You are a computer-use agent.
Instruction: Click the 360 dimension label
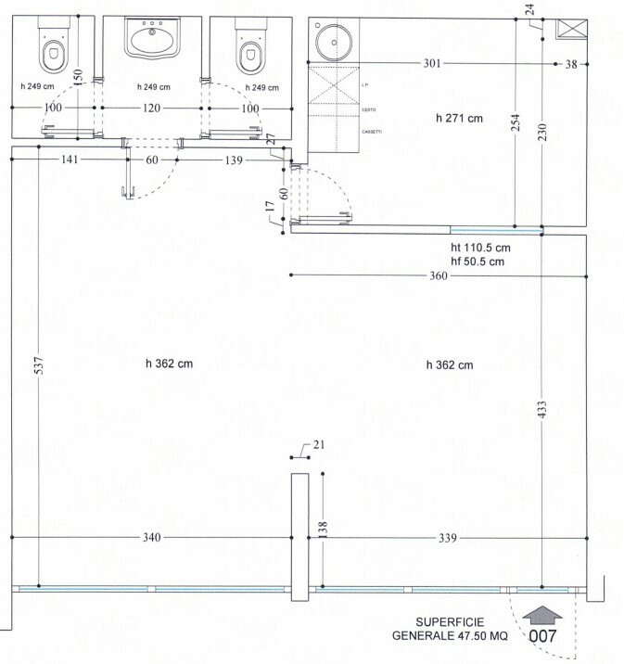439,276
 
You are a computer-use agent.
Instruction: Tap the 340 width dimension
154,538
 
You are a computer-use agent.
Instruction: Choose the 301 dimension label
432,64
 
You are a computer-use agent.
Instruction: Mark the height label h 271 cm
460,118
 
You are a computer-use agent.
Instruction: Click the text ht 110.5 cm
481,248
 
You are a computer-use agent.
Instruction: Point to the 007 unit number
542,637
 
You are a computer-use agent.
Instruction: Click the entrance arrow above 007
542,614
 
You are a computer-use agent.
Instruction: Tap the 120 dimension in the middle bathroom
153,109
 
